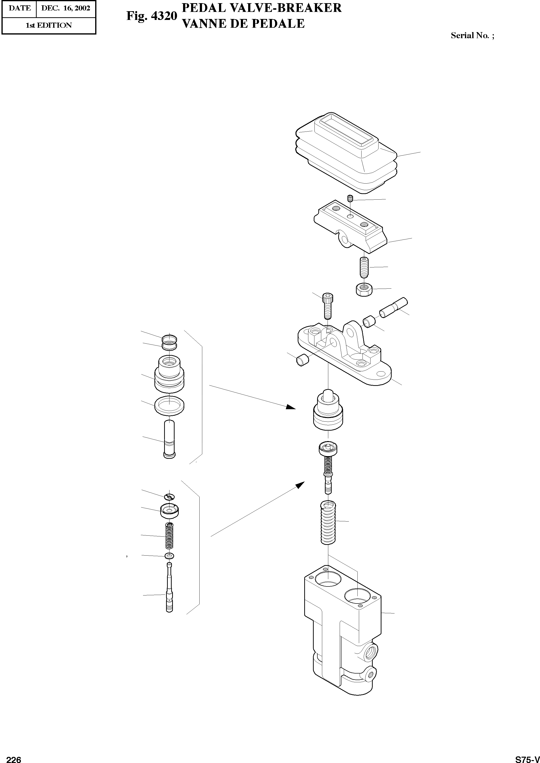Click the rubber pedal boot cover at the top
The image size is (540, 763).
click(346, 153)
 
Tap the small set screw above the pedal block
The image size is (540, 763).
click(350, 199)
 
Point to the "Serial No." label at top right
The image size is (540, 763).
click(470, 35)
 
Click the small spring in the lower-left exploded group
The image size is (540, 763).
click(169, 536)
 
